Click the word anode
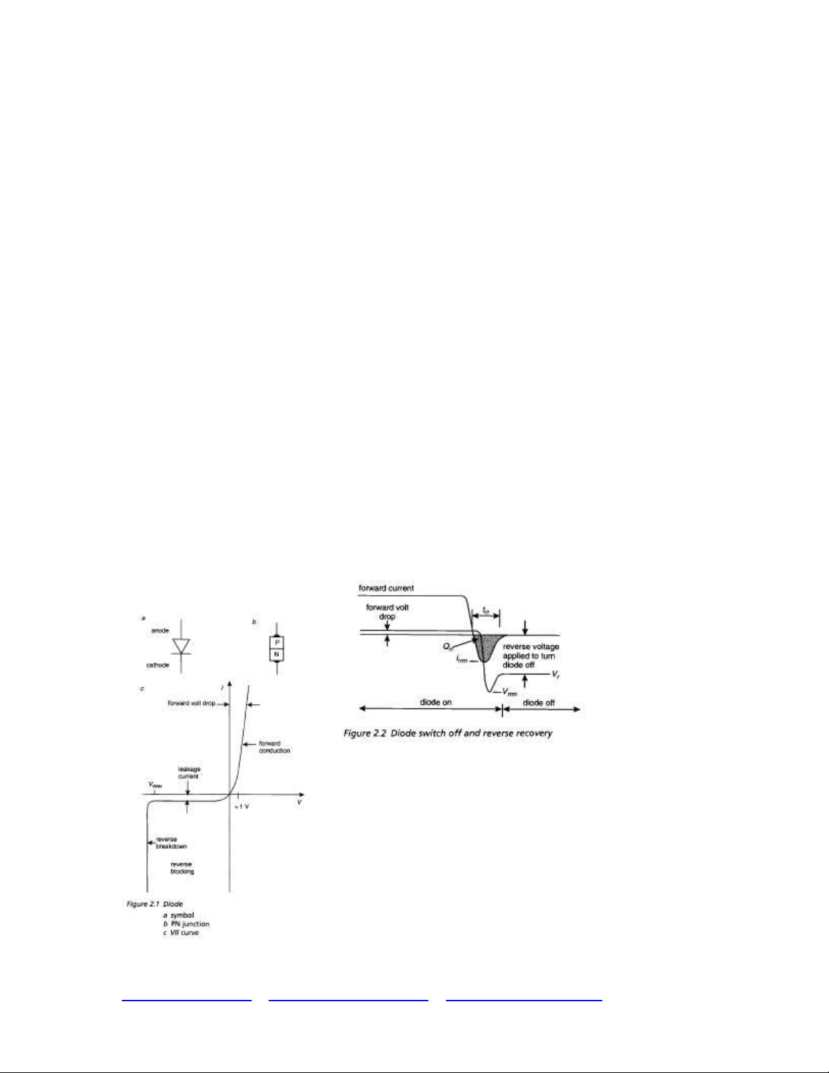[160, 630]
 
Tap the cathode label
[158, 665]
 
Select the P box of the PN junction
[277, 642]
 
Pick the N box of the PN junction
[277, 655]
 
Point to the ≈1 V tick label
[242, 808]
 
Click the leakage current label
[189, 772]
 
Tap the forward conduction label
[274, 747]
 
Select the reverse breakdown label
[171, 843]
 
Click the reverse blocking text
[181, 868]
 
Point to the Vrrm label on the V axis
[155, 785]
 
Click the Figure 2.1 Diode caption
[155, 904]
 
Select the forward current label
[386, 588]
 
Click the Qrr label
[448, 647]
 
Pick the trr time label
[486, 611]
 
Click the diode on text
[435, 702]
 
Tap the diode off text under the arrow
[539, 703]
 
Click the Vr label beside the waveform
[555, 675]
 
